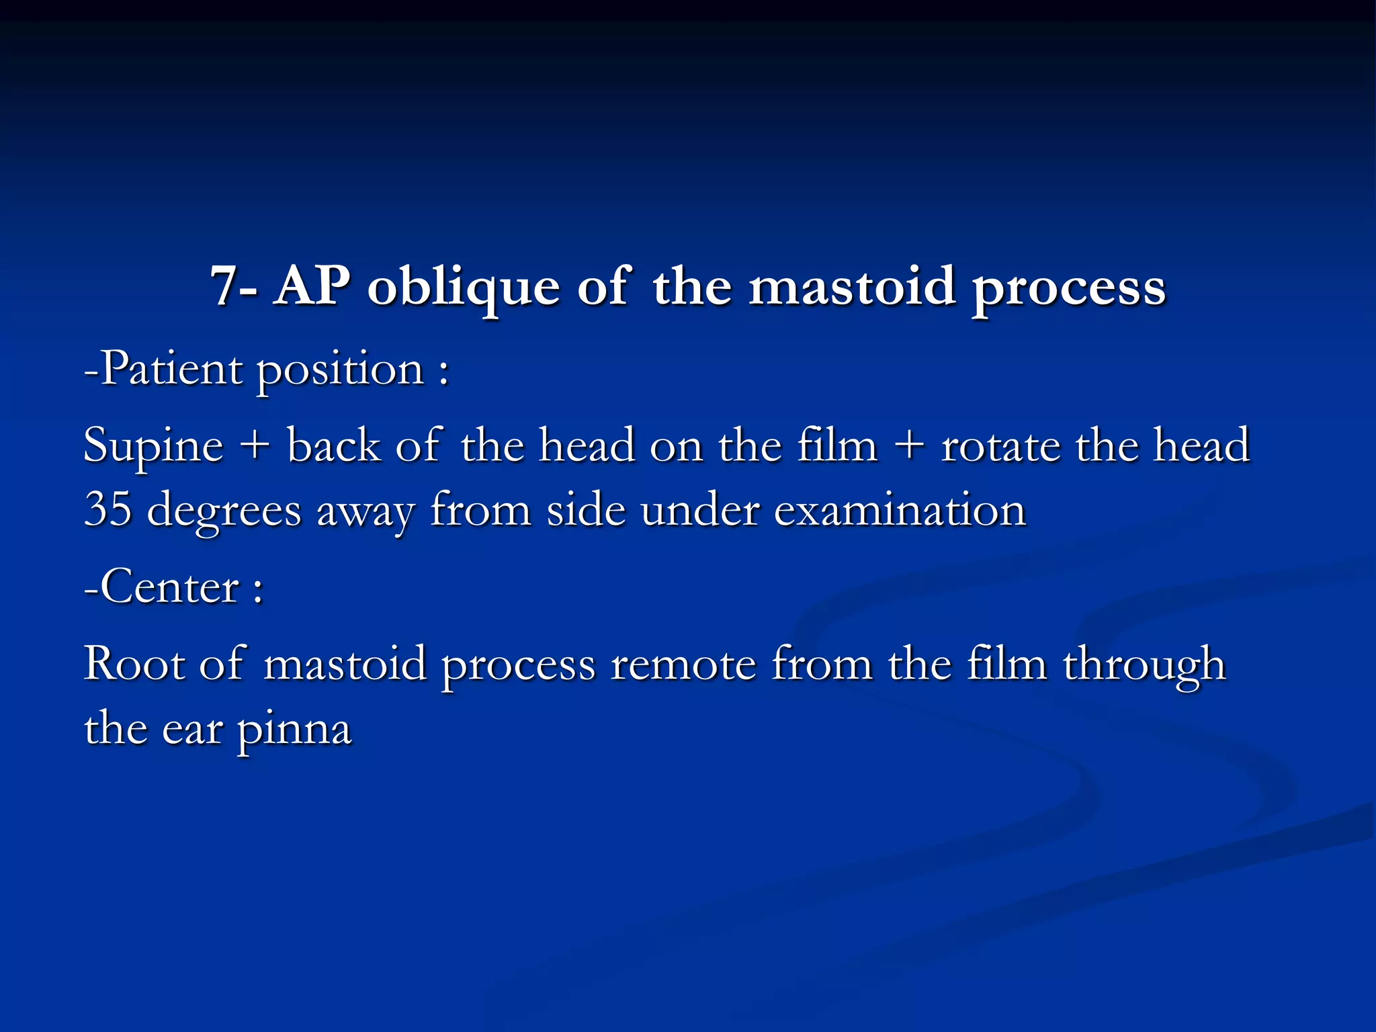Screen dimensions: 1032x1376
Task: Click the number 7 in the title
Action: pyautogui.click(x=225, y=286)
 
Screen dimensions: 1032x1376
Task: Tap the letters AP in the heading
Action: pyautogui.click(x=312, y=286)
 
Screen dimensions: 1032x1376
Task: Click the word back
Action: pyautogui.click(x=333, y=445)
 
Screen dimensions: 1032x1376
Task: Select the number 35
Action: pyautogui.click(x=107, y=509)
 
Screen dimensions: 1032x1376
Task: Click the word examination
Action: pyautogui.click(x=900, y=509)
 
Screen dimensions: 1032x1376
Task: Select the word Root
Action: pyautogui.click(x=134, y=664)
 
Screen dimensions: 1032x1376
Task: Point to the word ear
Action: pyautogui.click(x=191, y=730)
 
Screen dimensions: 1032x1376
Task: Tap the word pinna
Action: pyautogui.click(x=294, y=731)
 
